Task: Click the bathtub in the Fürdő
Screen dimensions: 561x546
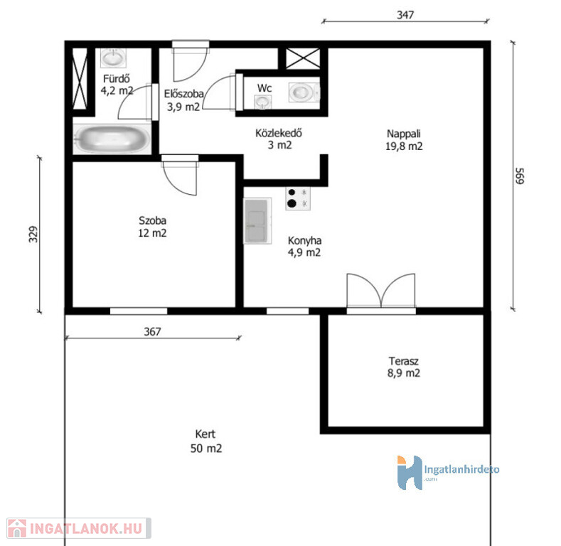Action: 112,139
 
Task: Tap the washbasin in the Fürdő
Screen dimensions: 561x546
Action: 113,58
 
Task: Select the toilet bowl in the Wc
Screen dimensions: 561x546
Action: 304,92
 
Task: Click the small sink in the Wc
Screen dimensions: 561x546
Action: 262,102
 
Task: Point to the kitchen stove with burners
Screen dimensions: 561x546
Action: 298,198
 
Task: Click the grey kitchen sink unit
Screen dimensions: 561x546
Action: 257,221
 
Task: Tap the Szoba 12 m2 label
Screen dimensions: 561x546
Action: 152,227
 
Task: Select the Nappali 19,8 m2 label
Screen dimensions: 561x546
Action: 404,140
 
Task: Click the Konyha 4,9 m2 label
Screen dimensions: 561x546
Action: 304,247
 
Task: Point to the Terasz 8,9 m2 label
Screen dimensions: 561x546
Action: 404,367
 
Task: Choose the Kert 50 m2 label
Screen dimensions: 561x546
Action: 205,441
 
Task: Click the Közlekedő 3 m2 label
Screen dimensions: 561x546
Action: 279,139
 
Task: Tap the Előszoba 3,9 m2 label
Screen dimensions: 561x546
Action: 184,100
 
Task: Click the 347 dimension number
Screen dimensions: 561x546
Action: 405,15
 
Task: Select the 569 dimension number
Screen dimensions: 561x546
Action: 520,176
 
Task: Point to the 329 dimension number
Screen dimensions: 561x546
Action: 33,235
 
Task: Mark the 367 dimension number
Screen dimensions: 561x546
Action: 152,332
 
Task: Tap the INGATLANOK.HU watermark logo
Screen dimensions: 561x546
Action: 79,528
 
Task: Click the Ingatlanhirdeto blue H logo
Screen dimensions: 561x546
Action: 410,472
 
